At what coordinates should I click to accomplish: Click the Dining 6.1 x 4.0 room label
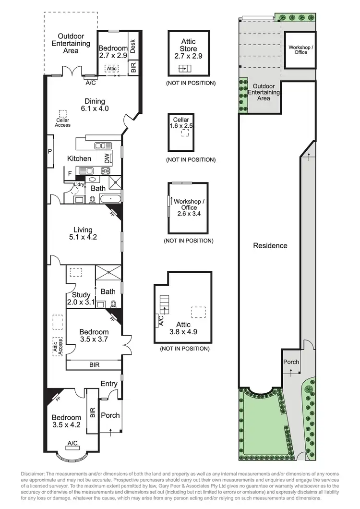pos(97,105)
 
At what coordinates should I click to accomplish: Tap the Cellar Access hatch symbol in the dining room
pos(62,114)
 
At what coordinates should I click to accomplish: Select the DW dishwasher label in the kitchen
pos(108,158)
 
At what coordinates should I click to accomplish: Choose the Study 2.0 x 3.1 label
pos(82,298)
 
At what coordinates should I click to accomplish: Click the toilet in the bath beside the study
pos(113,303)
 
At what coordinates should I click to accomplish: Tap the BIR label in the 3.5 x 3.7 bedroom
pos(95,365)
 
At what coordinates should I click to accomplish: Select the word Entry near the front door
pos(109,383)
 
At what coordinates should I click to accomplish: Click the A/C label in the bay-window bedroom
pos(73,443)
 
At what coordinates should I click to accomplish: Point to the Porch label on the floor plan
pos(110,415)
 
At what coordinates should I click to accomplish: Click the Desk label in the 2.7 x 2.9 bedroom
pos(133,47)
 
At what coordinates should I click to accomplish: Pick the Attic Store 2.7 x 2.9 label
pos(188,49)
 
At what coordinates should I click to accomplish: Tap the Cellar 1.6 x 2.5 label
pos(181,123)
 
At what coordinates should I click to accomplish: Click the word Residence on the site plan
pos(270,245)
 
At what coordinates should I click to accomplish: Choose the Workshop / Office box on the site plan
pos(300,49)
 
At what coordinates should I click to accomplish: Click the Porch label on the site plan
pos(291,362)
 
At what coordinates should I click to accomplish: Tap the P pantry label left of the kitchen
pos(49,151)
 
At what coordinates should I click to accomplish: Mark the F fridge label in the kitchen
pos(70,172)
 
